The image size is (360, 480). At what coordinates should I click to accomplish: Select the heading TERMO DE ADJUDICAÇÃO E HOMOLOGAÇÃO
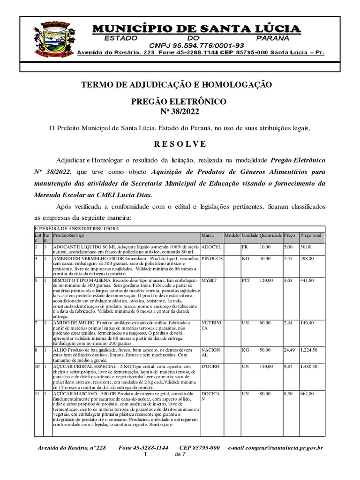[x=176, y=85]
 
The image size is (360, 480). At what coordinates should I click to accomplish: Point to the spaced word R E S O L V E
[x=180, y=143]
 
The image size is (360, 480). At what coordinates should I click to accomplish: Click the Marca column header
[x=207, y=235]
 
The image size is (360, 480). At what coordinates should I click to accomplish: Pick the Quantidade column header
[x=270, y=235]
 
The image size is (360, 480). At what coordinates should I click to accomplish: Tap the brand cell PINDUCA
[x=212, y=259]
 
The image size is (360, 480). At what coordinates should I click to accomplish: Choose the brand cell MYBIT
[x=209, y=280]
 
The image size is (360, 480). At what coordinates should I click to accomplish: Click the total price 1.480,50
[x=310, y=366]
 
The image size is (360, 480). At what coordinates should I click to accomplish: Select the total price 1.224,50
[x=310, y=350]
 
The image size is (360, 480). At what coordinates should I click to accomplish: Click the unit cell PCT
[x=246, y=280]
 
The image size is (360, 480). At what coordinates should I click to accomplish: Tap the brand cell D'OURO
[x=210, y=366]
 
